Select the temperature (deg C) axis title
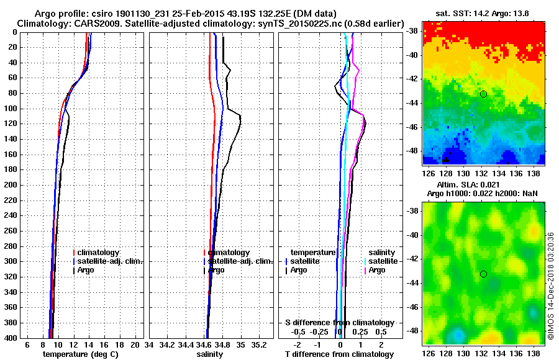[80, 354]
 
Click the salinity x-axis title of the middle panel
[209, 354]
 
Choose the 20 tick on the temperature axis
[136, 344]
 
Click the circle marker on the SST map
[483, 94]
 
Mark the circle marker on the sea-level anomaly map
[483, 274]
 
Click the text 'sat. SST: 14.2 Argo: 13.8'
[484, 14]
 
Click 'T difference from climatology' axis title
[339, 354]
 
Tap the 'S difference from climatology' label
[339, 323]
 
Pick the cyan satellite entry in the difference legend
[384, 261]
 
